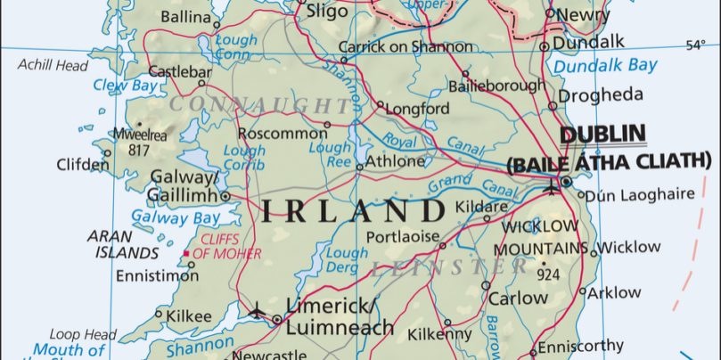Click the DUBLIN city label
pyautogui.click(x=602, y=135)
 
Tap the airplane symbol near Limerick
pyautogui.click(x=258, y=310)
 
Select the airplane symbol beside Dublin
pyautogui.click(x=551, y=188)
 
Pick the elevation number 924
pyautogui.click(x=548, y=275)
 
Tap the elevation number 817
pyautogui.click(x=138, y=151)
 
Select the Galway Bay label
pyautogui.click(x=176, y=217)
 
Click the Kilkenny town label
pyautogui.click(x=439, y=334)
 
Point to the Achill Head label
pyautogui.click(x=53, y=65)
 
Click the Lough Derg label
pyautogui.click(x=347, y=260)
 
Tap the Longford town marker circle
pyautogui.click(x=380, y=104)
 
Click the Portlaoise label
pyautogui.click(x=404, y=236)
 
